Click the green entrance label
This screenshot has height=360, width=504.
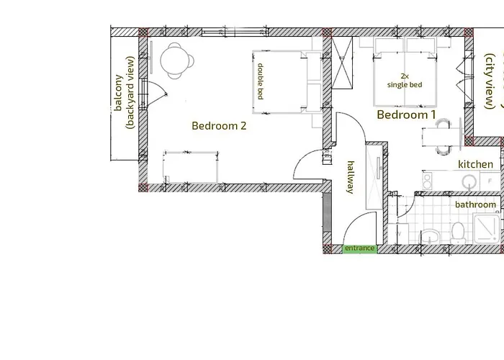(x=359, y=248)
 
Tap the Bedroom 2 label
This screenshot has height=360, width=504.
(x=219, y=125)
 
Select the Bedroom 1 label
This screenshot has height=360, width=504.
(x=407, y=114)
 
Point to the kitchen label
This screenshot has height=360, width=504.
(x=476, y=164)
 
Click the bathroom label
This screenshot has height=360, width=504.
(x=475, y=204)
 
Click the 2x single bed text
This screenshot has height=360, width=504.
(x=404, y=80)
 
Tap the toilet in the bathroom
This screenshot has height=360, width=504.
(x=457, y=232)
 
